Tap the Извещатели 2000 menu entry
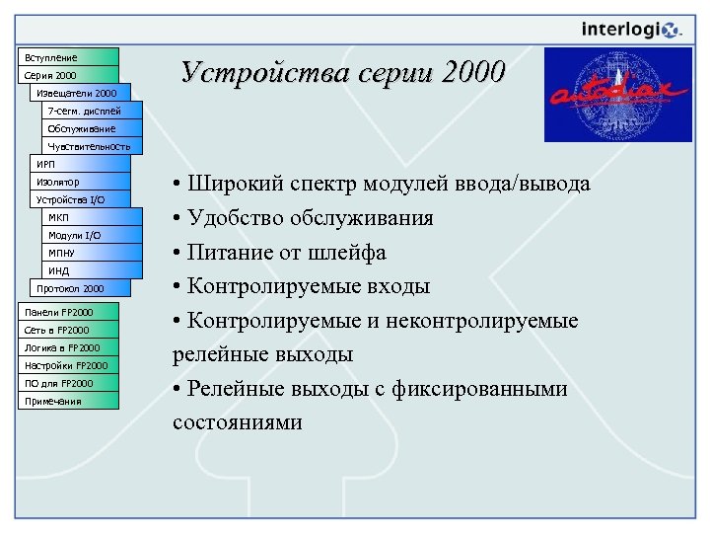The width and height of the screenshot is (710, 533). [79, 93]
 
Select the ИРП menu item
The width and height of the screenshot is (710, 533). [79, 164]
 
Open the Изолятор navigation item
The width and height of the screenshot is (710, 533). [79, 182]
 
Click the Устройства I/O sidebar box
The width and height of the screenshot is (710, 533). [79, 199]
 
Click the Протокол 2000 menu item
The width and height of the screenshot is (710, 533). [79, 288]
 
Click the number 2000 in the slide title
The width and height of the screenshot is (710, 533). [471, 72]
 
